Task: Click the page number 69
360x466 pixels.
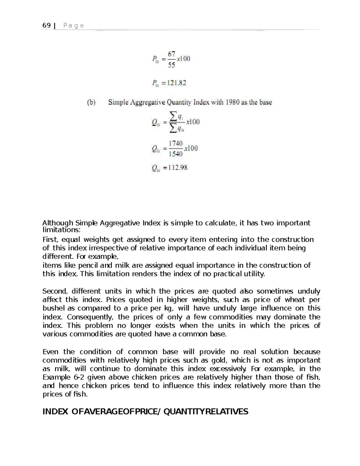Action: click(x=46, y=26)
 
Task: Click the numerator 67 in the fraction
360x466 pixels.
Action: click(x=171, y=54)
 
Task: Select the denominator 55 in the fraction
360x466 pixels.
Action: click(x=171, y=65)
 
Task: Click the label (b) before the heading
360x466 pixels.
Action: click(x=91, y=102)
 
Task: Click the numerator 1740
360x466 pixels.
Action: click(x=175, y=143)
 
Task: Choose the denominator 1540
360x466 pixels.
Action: click(x=175, y=154)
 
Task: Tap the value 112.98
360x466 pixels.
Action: click(x=178, y=168)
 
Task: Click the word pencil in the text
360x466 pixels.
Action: click(x=88, y=265)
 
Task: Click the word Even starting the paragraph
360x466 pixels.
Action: click(x=50, y=352)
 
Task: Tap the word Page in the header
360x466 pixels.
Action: click(x=74, y=26)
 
